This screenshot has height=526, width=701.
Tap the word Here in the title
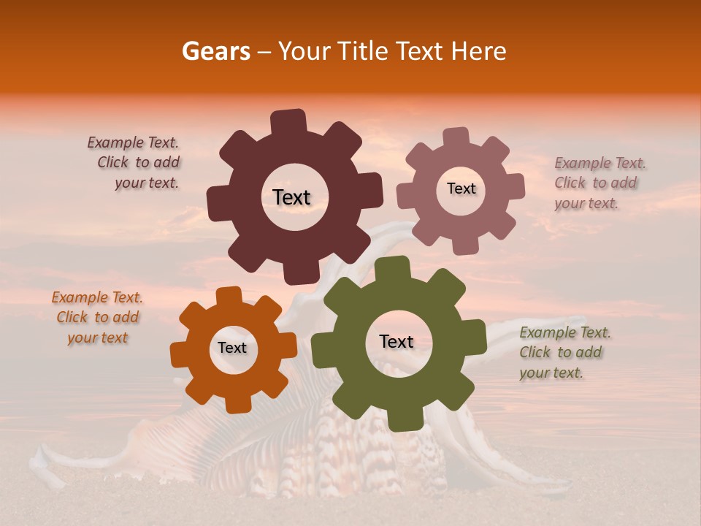479,51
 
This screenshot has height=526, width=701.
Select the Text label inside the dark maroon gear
292,197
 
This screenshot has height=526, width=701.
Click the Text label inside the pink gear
461,188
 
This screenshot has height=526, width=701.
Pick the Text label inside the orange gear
232,348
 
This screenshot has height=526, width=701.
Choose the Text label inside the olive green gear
397,341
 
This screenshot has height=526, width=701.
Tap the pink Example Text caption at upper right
599,183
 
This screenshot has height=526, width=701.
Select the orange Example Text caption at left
97,317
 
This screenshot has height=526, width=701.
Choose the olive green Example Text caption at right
564,352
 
